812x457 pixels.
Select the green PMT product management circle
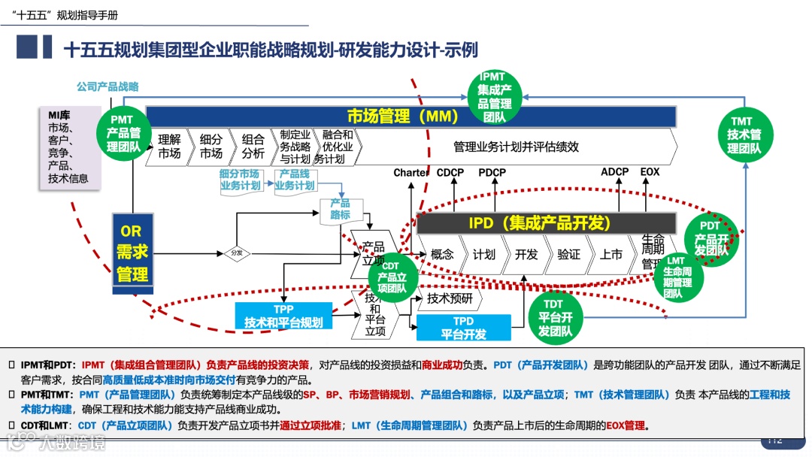122,133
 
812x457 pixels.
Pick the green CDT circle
391,277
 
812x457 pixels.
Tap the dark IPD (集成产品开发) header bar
539,223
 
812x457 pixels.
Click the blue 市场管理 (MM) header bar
411,116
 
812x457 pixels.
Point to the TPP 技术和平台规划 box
283,316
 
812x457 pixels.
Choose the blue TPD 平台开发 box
463,328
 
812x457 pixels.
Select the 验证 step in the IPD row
569,254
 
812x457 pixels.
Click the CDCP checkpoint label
450,172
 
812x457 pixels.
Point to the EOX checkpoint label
650,172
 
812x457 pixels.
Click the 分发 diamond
237,253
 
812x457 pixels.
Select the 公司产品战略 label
108,87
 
